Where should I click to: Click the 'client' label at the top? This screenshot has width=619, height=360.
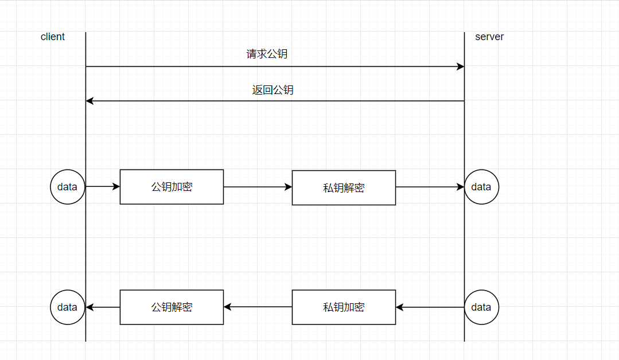[x=53, y=37]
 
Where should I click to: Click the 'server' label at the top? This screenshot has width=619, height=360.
[x=489, y=37]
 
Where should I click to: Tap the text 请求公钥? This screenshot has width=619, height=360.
[x=267, y=54]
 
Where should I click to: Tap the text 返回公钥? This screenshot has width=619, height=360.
[x=272, y=90]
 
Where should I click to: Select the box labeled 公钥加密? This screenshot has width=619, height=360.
[x=172, y=187]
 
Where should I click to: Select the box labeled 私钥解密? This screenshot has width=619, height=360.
[x=344, y=187]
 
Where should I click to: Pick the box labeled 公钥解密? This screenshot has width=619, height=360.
[x=172, y=307]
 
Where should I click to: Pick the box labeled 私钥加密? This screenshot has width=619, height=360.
[x=344, y=307]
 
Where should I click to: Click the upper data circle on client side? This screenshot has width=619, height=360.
[x=68, y=187]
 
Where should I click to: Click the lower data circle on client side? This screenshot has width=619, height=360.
[x=68, y=307]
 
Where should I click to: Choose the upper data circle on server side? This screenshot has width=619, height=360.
[x=481, y=187]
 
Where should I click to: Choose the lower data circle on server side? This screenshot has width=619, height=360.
[x=481, y=307]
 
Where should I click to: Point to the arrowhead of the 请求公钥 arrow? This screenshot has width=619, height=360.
[x=461, y=66]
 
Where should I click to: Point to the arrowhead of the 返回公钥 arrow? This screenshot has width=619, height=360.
[x=89, y=101]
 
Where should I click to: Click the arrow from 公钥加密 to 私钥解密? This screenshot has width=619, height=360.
[x=258, y=187]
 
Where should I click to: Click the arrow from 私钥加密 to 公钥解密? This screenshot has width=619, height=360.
[x=258, y=307]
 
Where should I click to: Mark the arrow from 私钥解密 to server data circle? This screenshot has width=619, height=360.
[x=430, y=187]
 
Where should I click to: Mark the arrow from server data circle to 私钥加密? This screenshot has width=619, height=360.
[x=430, y=307]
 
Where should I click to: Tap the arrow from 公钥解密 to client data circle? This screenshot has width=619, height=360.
[x=103, y=307]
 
